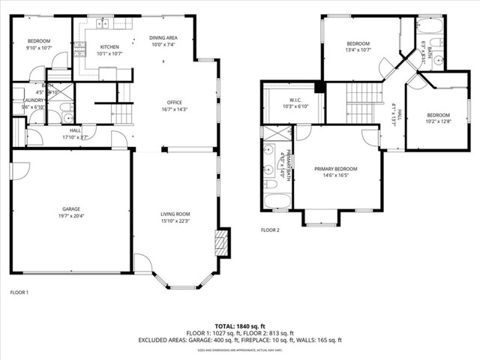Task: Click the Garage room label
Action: [x=71, y=208]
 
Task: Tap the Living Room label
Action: [x=175, y=214]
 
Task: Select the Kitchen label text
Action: [x=109, y=46]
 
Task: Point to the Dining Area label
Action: [x=163, y=37]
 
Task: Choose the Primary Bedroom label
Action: [x=335, y=169]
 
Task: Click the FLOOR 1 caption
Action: [x=19, y=292]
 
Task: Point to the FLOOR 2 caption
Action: [x=270, y=230]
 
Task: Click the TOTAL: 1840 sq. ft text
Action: [x=239, y=326]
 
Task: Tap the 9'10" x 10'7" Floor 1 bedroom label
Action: [x=39, y=48]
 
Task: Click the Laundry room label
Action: [x=33, y=100]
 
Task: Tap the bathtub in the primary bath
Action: [x=271, y=201]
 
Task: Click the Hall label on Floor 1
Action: [x=75, y=130]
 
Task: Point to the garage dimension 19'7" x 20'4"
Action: [x=71, y=215]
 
